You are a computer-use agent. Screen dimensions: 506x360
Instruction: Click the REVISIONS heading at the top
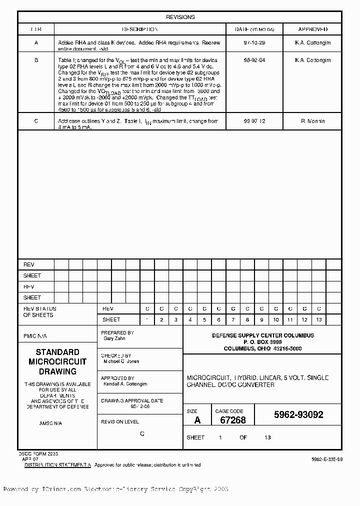[x=180, y=17]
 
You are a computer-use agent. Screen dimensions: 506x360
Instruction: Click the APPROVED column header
[x=313, y=29]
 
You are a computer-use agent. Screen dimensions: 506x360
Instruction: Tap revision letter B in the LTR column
[x=36, y=60]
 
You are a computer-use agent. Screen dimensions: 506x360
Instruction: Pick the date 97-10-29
[x=254, y=43]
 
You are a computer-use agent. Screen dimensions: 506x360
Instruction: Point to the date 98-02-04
[x=254, y=60]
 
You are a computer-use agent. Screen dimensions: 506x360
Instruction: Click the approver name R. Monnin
[x=313, y=121]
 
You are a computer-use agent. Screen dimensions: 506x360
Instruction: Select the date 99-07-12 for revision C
[x=254, y=121]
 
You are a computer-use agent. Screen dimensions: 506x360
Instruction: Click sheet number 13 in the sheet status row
[x=319, y=319]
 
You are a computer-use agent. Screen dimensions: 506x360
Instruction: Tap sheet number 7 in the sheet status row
[x=233, y=319]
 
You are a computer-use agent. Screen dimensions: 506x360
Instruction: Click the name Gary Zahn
[x=114, y=338]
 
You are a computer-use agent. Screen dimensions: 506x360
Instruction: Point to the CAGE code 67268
[x=233, y=420]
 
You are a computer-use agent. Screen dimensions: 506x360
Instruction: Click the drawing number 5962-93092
[x=298, y=415]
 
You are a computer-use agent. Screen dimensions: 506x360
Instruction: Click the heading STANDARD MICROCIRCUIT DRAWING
[x=57, y=361]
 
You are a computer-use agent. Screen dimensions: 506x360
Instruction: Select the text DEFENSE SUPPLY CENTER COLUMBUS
[x=263, y=335]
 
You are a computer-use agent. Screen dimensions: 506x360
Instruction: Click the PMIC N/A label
[x=35, y=336]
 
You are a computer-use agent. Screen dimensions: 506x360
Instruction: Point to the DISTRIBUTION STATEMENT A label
[x=58, y=465]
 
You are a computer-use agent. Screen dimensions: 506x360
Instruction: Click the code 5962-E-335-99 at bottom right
[x=326, y=459]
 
